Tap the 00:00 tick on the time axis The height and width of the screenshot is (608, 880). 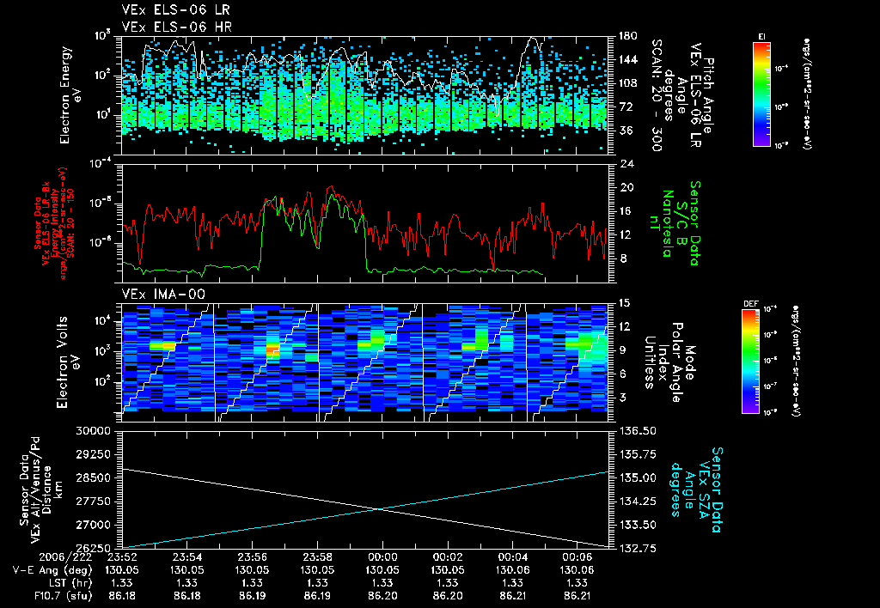382,556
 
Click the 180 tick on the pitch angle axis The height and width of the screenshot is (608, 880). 626,36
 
